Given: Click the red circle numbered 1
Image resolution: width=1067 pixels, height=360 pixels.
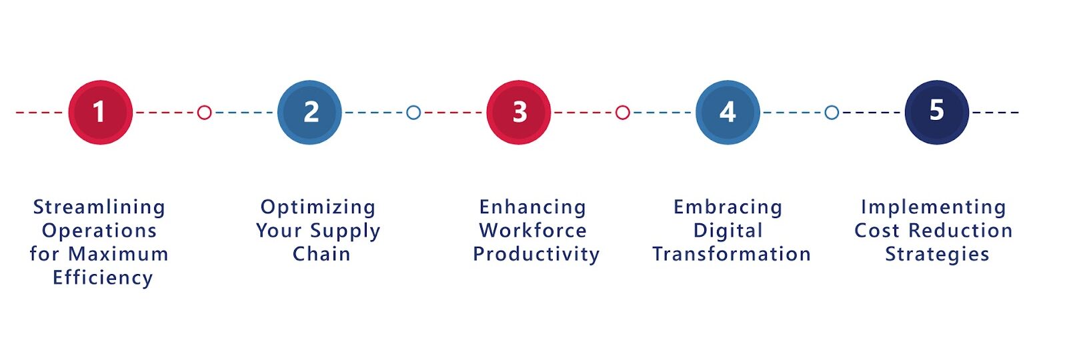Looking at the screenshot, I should tap(100, 112).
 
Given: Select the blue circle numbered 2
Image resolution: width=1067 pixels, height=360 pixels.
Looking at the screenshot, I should tap(309, 112).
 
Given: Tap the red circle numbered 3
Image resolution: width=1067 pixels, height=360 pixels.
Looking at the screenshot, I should tap(519, 112).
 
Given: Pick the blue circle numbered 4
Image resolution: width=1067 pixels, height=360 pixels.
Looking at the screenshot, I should tap(728, 112).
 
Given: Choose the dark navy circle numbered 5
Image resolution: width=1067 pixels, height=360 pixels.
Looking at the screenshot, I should tap(936, 112).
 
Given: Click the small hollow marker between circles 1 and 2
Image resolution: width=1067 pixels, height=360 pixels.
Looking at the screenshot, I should tap(205, 112).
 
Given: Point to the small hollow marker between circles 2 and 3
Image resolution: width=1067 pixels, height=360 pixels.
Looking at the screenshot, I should tap(413, 112).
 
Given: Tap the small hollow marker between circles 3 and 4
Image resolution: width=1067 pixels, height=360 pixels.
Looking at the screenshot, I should tap(622, 112).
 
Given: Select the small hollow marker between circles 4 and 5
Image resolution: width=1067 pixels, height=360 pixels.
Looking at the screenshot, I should tap(832, 112).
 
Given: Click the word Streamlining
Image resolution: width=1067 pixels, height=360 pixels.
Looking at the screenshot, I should tap(99, 207).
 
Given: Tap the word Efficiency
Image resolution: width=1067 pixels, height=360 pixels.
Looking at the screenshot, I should tap(103, 277).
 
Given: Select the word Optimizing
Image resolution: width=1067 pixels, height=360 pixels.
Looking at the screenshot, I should tap(318, 207).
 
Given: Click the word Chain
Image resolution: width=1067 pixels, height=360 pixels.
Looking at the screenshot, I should tap(321, 254).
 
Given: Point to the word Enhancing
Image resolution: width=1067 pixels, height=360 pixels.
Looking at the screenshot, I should tap(533, 207).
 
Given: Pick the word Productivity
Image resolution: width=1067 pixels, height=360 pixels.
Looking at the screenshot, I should tap(536, 254).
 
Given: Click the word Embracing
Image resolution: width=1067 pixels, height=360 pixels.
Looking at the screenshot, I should tap(728, 207).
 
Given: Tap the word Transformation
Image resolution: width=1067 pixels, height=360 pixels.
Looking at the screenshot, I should tap(732, 254).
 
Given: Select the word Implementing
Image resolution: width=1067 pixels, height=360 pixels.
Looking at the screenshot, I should tap(934, 207).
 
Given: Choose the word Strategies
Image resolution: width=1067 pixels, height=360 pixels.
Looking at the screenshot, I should tap(937, 254).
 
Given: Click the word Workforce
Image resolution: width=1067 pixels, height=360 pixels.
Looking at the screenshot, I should tap(533, 231).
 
